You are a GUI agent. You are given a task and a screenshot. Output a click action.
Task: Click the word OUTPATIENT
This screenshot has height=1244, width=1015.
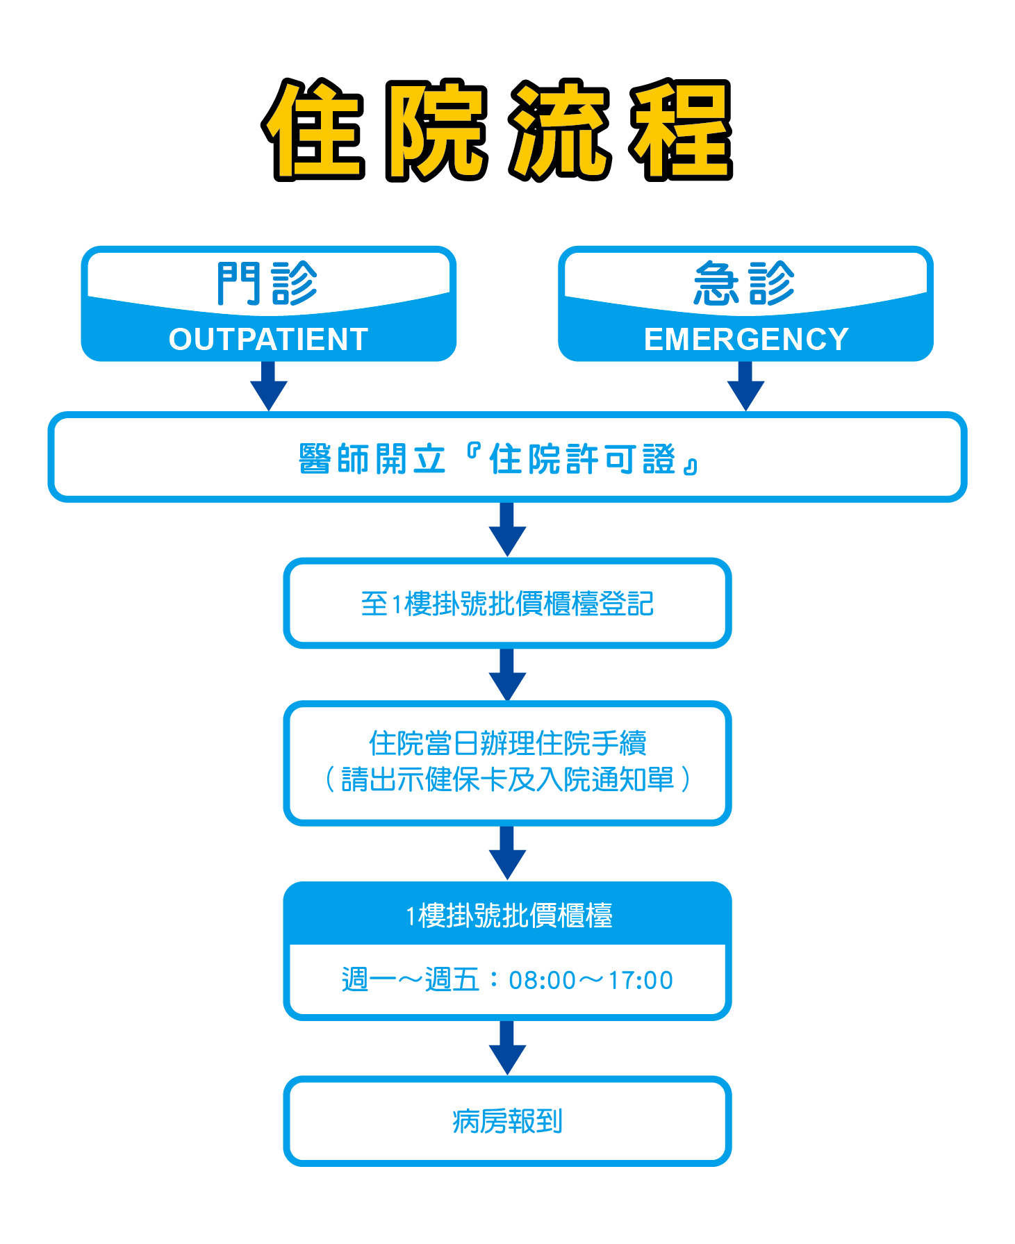pyautogui.click(x=268, y=340)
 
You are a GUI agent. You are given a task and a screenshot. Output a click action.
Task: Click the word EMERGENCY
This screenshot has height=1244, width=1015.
pyautogui.click(x=746, y=340)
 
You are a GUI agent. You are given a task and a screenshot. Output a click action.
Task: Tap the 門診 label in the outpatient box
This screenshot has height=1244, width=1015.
pyautogui.click(x=267, y=283)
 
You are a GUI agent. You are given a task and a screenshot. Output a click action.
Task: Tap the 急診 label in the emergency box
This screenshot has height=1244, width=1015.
pyautogui.click(x=745, y=283)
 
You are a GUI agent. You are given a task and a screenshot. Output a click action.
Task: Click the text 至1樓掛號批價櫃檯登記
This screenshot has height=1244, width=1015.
pyautogui.click(x=507, y=604)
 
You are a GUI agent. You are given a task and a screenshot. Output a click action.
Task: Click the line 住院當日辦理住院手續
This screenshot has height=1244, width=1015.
pyautogui.click(x=507, y=743)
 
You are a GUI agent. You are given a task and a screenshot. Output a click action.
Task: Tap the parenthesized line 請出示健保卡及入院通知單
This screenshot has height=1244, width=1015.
pyautogui.click(x=507, y=779)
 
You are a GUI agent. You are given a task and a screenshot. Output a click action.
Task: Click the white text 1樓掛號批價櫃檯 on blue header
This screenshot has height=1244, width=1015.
pyautogui.click(x=509, y=915)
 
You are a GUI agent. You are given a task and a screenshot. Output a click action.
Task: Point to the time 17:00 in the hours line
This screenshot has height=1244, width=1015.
pyautogui.click(x=640, y=980)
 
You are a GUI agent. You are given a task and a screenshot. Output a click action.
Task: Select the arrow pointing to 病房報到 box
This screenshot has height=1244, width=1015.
pyautogui.click(x=507, y=1048)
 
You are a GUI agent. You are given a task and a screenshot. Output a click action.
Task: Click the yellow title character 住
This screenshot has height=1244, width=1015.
pyautogui.click(x=313, y=130)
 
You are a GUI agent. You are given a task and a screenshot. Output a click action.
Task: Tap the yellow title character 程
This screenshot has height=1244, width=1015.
pyautogui.click(x=681, y=130)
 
